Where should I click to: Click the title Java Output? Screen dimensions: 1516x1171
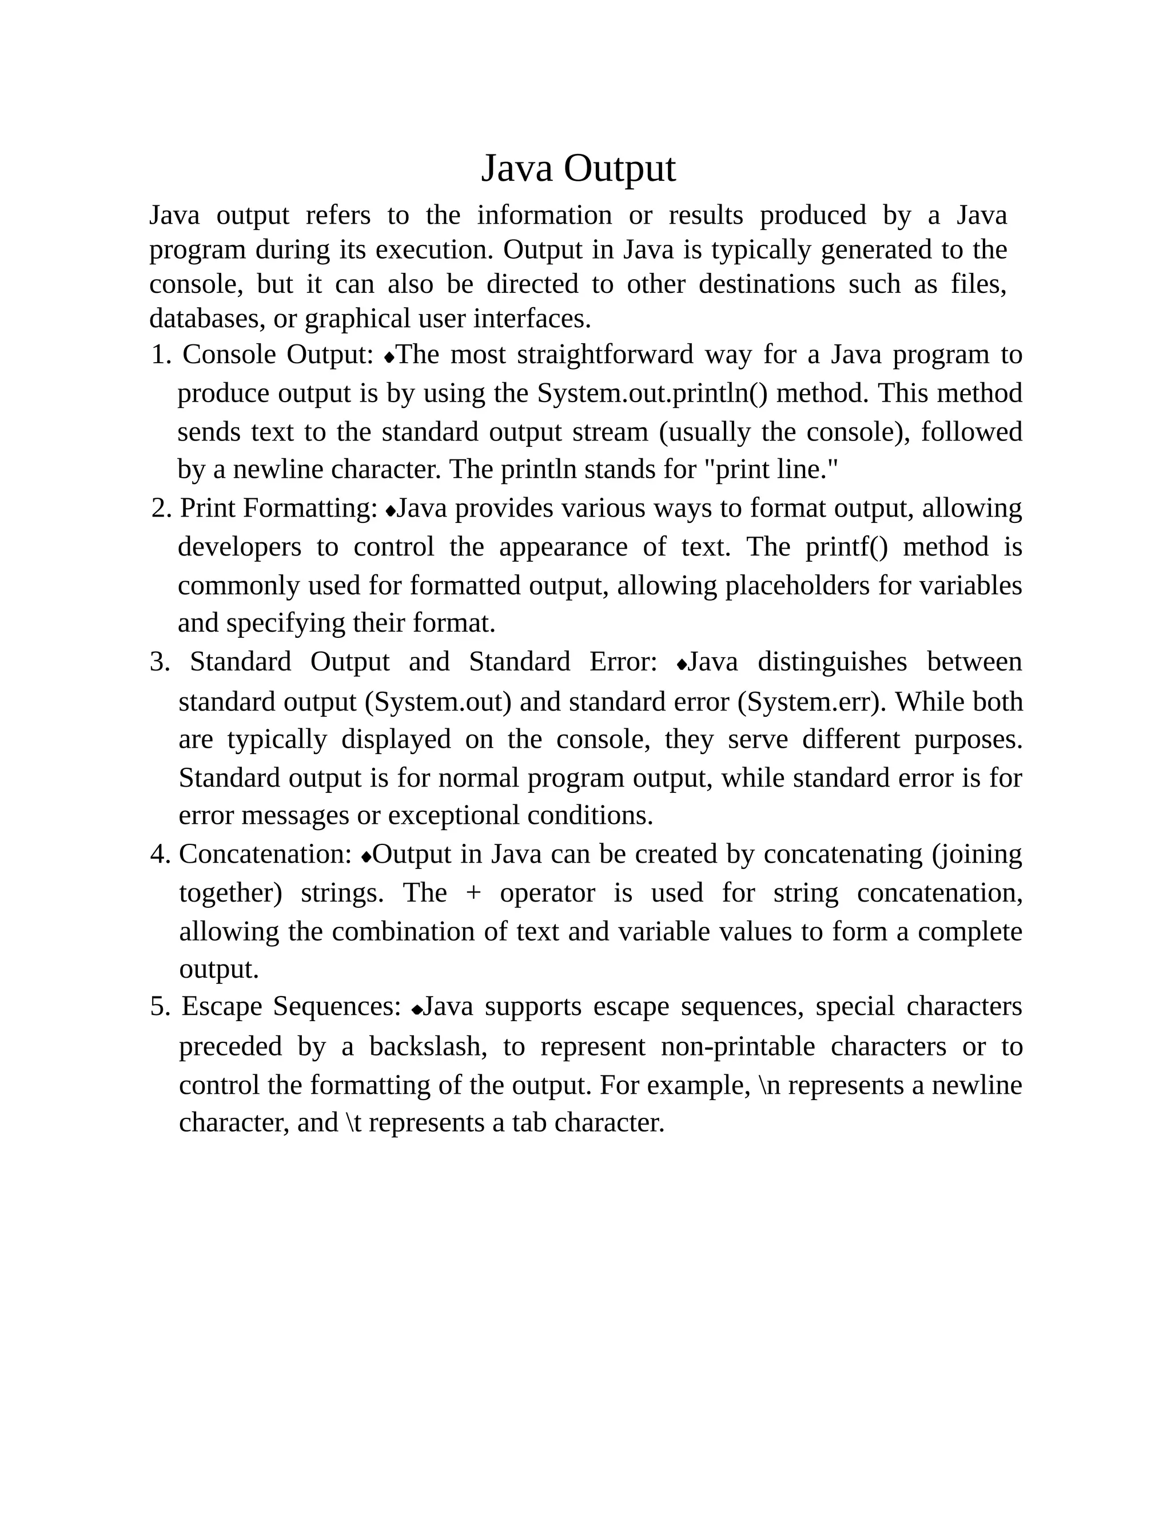coord(578,169)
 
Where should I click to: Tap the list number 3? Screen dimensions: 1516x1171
coord(160,662)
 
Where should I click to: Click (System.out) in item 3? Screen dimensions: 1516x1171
coord(439,703)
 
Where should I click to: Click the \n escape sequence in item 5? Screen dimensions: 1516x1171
coord(770,1085)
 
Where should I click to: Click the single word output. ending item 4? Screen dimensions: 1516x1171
coord(218,970)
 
